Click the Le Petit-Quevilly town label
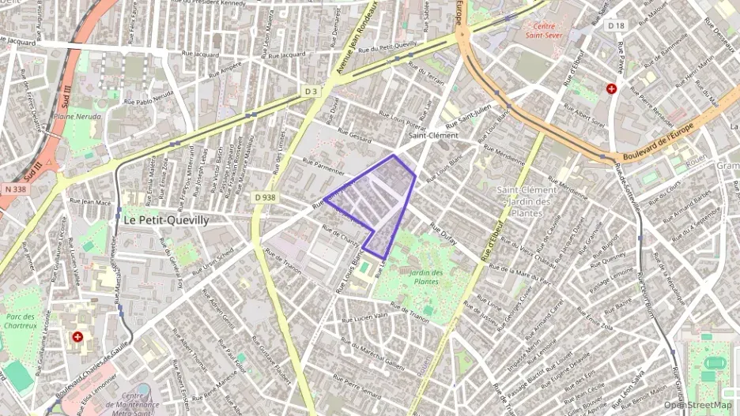coord(166,220)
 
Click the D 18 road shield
coord(617,26)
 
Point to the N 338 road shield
coord(14,189)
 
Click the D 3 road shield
coord(311,92)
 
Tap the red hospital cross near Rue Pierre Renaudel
coord(611,88)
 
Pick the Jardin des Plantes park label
coord(427,277)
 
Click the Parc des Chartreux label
coord(21,321)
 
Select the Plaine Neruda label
coord(80,116)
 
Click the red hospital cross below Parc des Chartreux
coord(77,337)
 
